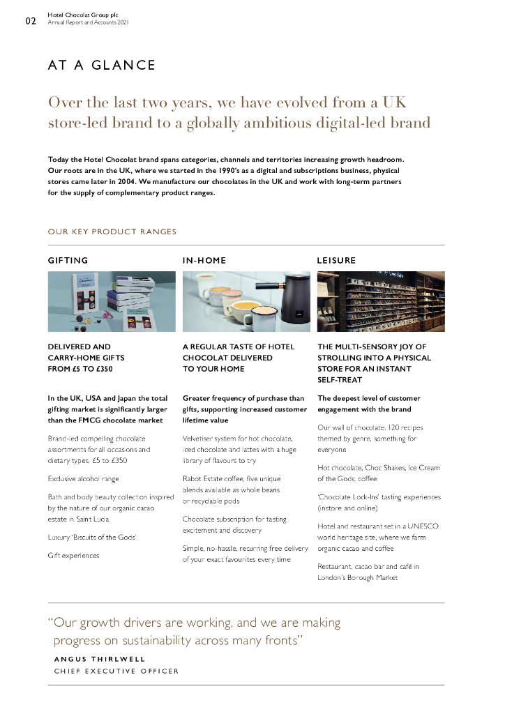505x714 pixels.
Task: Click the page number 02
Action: coord(31,21)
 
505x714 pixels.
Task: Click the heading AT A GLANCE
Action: coord(101,66)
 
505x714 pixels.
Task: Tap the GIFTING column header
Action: coord(68,260)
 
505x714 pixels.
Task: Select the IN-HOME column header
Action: coord(204,260)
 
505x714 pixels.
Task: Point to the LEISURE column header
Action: coord(336,260)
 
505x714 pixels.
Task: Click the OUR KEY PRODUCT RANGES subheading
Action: coord(112,231)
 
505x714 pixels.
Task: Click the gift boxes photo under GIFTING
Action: coord(111,301)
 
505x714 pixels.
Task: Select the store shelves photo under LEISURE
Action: coord(380,301)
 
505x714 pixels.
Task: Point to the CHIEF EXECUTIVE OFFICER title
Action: coord(116,671)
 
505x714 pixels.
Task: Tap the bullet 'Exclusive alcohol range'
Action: coord(83,479)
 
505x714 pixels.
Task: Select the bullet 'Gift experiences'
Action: coord(73,555)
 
